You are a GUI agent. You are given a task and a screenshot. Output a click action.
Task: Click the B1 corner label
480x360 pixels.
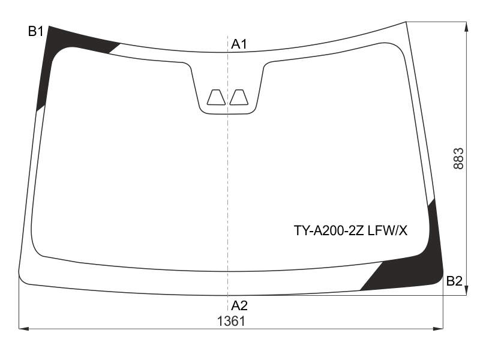click(x=36, y=31)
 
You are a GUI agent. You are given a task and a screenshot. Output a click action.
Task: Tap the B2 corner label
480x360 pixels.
click(x=454, y=281)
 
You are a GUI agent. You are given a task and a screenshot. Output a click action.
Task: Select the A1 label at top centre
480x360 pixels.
click(x=239, y=44)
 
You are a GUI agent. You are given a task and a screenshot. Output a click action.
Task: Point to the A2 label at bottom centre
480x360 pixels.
click(x=239, y=305)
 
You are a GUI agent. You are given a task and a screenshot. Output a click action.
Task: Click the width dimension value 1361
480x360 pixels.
click(x=231, y=322)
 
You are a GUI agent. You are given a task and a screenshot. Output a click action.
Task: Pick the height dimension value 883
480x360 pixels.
click(x=458, y=158)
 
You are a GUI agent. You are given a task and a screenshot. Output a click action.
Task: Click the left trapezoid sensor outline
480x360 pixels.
click(x=217, y=97)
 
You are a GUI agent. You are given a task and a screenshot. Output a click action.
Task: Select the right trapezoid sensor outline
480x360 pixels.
click(x=239, y=97)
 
